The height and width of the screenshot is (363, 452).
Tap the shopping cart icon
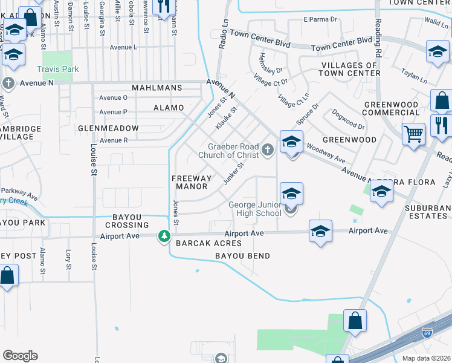click(413, 134)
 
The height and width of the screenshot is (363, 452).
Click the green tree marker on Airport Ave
click(164, 236)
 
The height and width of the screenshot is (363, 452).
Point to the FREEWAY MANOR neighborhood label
click(192, 182)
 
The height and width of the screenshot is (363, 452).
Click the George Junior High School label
click(254, 209)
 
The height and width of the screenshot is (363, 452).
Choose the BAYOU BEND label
click(243, 256)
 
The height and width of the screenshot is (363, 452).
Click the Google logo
click(20, 356)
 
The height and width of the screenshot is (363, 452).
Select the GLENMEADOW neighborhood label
click(108, 128)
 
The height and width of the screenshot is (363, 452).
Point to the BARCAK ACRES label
click(208, 243)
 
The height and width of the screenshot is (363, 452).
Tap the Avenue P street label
click(113, 112)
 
